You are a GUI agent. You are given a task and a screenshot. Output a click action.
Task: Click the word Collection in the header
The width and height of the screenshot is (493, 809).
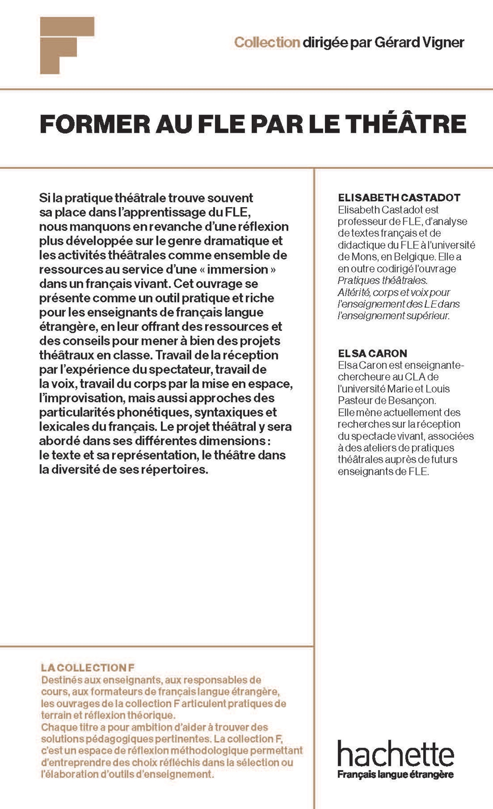[267, 43]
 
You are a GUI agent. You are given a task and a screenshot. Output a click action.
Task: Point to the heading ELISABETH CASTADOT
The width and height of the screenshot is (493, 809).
[399, 198]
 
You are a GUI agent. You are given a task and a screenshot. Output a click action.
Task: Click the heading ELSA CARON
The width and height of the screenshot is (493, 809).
[367, 353]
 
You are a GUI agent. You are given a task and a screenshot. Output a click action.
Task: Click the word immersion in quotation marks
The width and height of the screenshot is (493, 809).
[238, 269]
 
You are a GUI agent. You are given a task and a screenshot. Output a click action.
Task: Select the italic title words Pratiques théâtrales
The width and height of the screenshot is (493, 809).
[382, 281]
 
